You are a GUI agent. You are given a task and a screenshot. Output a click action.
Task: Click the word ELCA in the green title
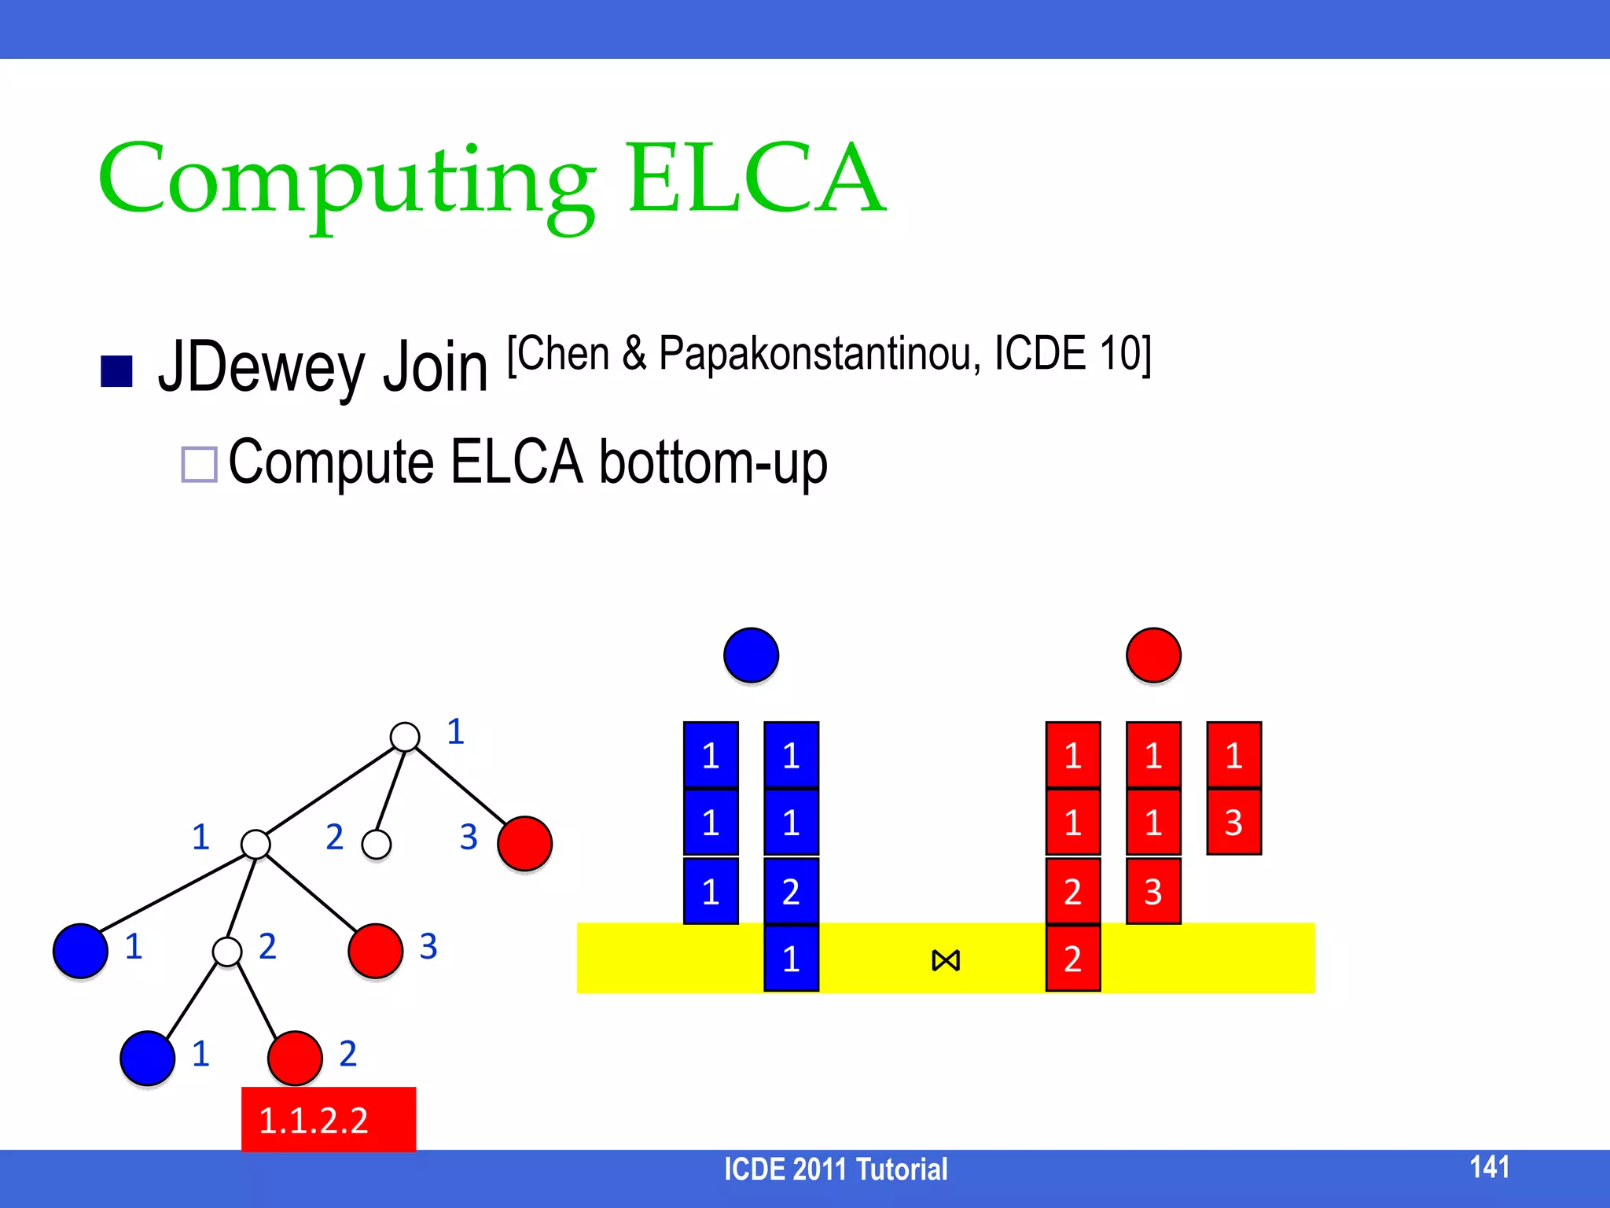756,179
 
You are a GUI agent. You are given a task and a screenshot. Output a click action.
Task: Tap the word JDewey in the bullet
259,368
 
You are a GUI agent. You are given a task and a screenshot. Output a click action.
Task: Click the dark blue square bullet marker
117,371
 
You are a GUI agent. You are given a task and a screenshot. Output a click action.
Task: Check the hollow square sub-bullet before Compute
199,464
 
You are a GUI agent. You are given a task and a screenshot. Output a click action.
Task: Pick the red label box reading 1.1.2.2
328,1119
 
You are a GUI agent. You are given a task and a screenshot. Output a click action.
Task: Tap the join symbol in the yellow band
946,960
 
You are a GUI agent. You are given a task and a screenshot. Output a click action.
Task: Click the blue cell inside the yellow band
791,959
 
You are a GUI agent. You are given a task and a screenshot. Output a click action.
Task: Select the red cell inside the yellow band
1072,959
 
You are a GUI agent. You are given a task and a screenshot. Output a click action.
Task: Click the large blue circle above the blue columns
751,655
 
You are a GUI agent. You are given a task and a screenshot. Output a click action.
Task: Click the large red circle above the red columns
1153,655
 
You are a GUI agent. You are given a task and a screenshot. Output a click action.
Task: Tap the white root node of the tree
405,737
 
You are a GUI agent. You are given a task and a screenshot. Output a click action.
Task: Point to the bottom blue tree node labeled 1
147,1059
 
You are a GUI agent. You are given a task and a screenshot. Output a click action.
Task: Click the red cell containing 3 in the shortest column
1233,823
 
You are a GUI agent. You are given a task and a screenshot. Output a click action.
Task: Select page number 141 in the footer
1489,1167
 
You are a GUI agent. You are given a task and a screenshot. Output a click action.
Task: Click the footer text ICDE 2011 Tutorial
835,1169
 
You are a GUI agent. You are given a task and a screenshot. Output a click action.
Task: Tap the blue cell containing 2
791,891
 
